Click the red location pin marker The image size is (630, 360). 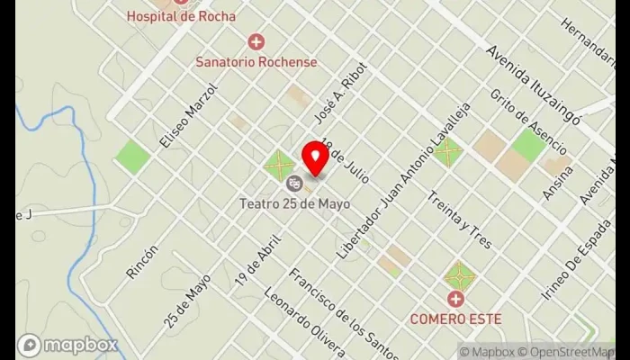coord(315,157)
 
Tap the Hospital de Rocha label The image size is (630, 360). coord(181,16)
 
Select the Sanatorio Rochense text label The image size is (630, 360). coord(256,62)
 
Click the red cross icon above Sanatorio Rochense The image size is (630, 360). coord(256,41)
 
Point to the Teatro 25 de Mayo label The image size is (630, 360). coord(294,203)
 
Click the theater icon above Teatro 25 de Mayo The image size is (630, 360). coord(293,184)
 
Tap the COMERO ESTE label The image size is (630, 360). coord(455,319)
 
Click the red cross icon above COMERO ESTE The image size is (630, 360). coord(455,298)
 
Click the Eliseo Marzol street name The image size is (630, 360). coord(188,117)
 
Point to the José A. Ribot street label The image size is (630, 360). coord(330,105)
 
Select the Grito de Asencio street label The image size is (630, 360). coord(528,121)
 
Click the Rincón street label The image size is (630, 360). coord(143,262)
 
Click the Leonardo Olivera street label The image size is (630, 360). coord(304,322)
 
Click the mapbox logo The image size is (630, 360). coord(67,345)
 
